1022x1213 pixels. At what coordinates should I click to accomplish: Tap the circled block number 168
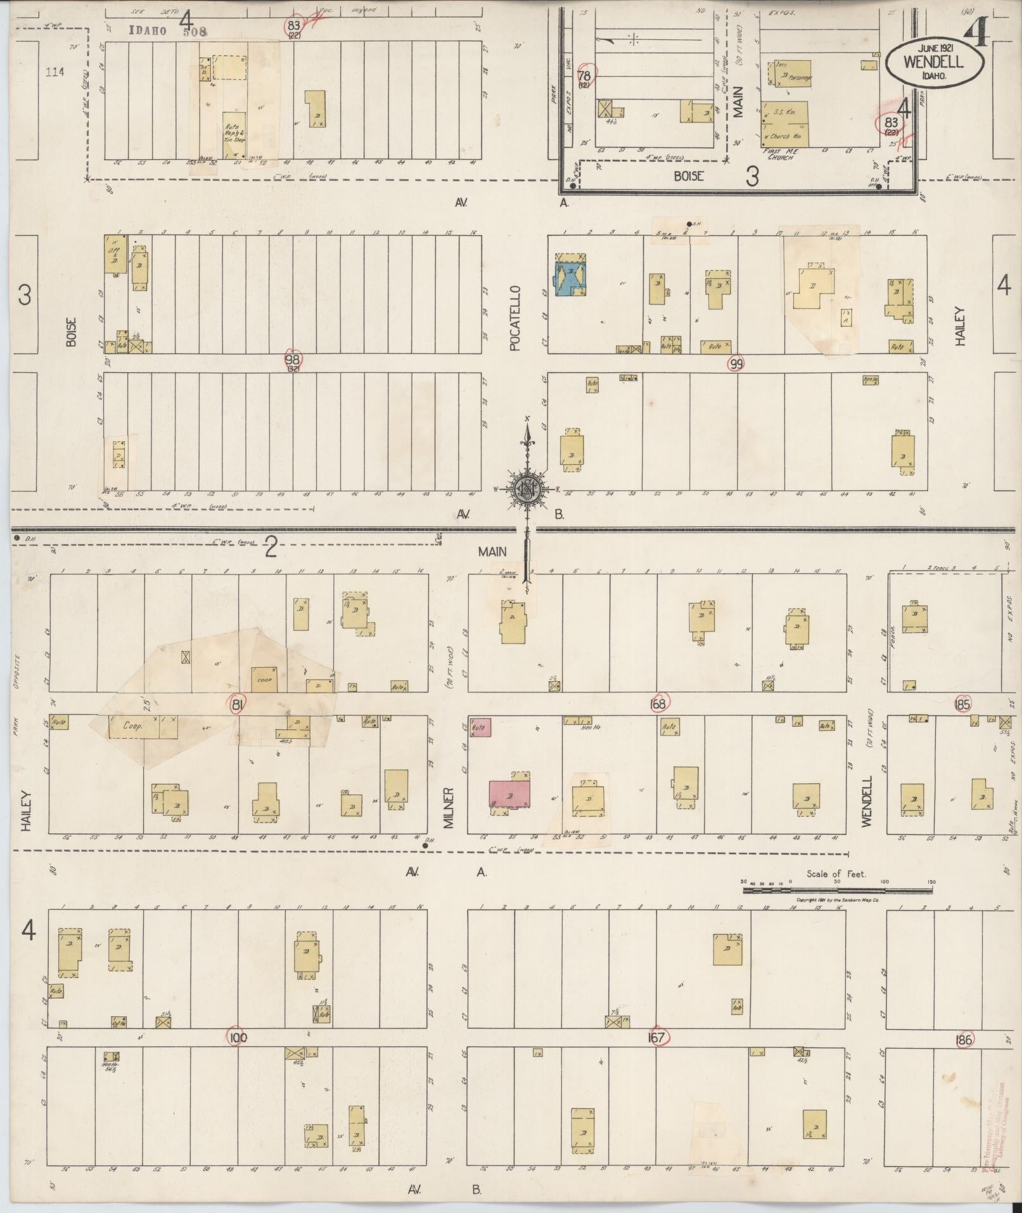(x=659, y=703)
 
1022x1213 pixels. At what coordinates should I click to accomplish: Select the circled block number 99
(x=736, y=364)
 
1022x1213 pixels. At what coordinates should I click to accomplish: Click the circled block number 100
(x=238, y=1038)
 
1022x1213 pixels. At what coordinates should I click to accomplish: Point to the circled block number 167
(x=658, y=1037)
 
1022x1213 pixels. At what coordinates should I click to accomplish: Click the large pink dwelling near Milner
(x=509, y=795)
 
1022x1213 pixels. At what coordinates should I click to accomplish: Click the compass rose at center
(x=527, y=488)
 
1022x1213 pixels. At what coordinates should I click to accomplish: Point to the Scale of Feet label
(x=836, y=874)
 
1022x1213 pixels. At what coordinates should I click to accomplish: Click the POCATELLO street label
(x=515, y=317)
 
